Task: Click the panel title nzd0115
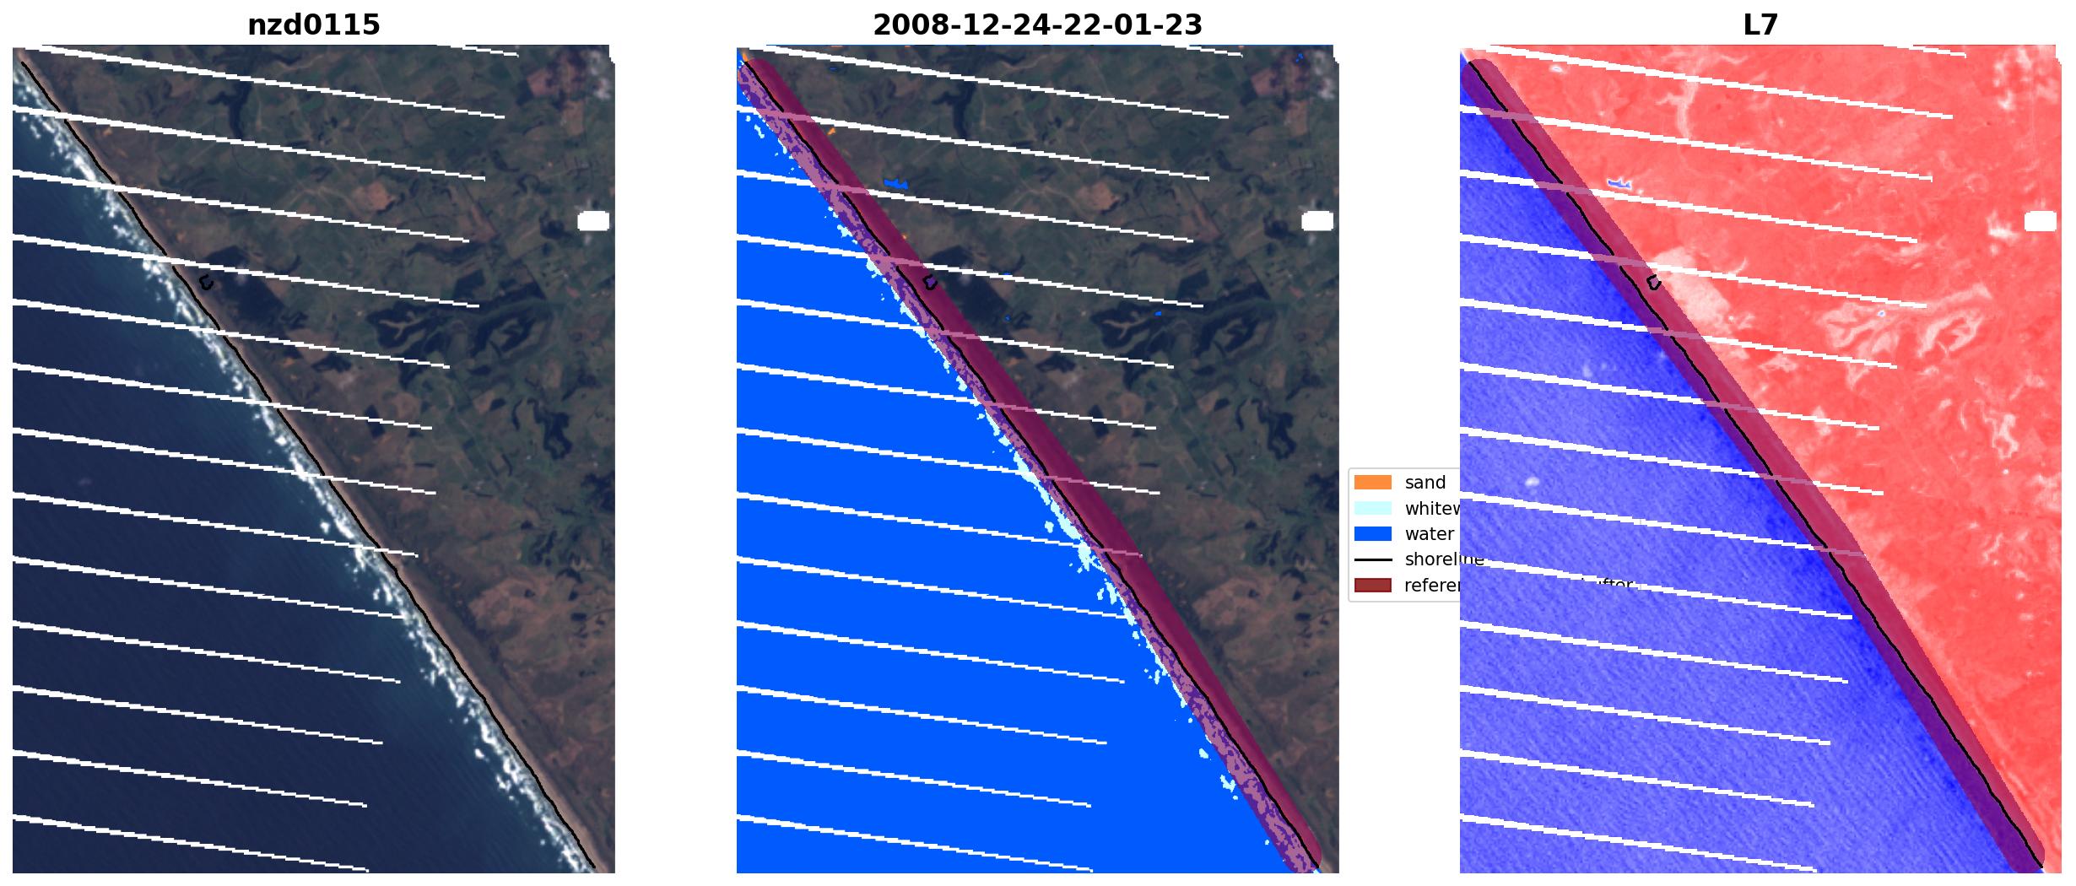click(x=313, y=25)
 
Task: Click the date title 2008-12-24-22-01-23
click(x=1037, y=25)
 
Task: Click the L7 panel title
click(x=1760, y=25)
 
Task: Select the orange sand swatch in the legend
click(x=1372, y=483)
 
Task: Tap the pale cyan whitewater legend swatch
click(x=1372, y=509)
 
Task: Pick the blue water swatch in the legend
click(x=1372, y=534)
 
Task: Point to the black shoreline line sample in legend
click(x=1372, y=559)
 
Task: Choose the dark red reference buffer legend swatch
click(x=1372, y=586)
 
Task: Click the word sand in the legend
click(x=1425, y=483)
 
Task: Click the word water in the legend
click(x=1429, y=534)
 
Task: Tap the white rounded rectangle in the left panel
click(x=593, y=221)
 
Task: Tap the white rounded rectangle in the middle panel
click(x=1317, y=221)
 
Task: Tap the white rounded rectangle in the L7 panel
click(x=2041, y=221)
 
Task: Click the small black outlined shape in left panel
click(x=205, y=284)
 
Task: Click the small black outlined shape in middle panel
click(x=929, y=284)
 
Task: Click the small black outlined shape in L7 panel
click(x=1653, y=284)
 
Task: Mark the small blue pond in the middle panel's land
click(x=895, y=182)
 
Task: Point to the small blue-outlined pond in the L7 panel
click(x=1619, y=183)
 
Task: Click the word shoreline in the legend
click(x=1443, y=559)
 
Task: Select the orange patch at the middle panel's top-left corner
click(x=743, y=57)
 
